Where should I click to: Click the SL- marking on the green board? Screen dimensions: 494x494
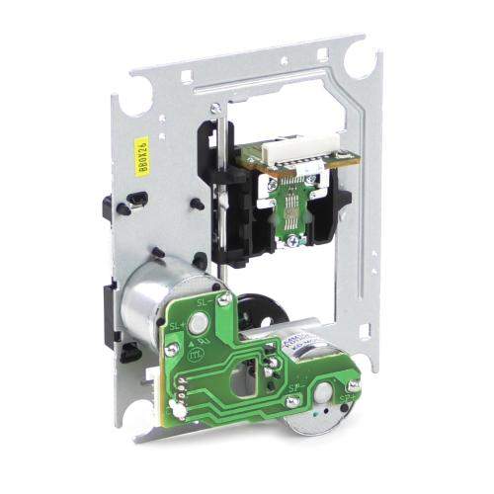coord(206,300)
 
